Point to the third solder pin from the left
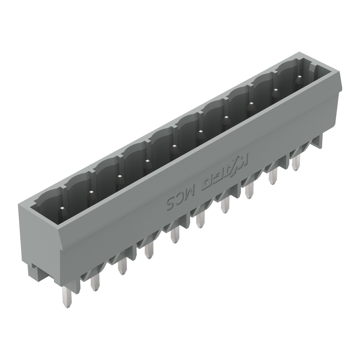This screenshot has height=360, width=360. [x=122, y=266]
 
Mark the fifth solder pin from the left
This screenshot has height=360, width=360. [x=175, y=236]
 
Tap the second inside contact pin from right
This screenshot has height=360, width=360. [x=275, y=93]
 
